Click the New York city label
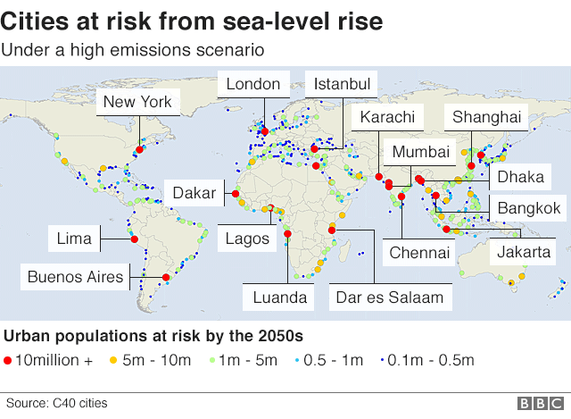coord(137,102)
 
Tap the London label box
coord(253,85)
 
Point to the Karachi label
coord(387,117)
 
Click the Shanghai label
coord(486,117)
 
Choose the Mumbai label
coord(420,152)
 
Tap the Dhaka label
coord(520,176)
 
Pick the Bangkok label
coord(529,209)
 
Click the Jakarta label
coord(524,251)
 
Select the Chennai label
coord(419,253)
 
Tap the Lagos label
coord(242,239)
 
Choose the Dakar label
coord(193,193)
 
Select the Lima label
coord(74,239)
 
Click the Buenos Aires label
coord(75,276)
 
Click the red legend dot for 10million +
coord(9,361)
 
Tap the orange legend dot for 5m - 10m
coord(112,361)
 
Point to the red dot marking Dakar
coord(236,194)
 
